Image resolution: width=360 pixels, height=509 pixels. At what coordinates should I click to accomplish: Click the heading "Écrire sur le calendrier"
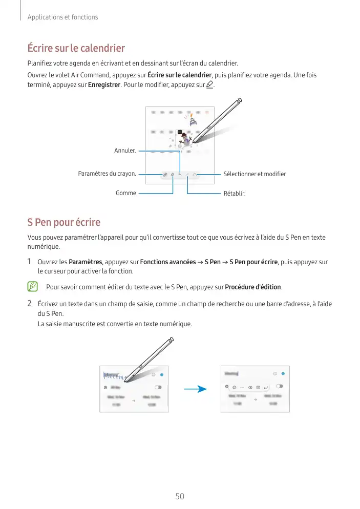click(76, 49)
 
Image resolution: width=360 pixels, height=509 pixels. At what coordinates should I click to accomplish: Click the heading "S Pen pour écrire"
click(63, 222)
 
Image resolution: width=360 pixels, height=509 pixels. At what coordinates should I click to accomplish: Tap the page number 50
click(180, 496)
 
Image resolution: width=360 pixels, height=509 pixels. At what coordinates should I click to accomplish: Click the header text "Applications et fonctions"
click(62, 17)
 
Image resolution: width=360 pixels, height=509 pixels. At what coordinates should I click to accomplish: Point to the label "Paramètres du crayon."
click(107, 174)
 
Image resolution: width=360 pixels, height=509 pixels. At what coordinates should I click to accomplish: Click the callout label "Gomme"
click(126, 193)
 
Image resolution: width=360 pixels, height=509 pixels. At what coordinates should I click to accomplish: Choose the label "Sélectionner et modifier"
click(255, 174)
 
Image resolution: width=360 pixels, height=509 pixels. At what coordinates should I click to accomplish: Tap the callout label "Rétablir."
click(235, 194)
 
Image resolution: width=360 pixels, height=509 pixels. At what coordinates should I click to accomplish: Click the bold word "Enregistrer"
click(104, 84)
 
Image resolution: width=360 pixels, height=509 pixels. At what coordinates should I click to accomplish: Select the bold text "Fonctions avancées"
click(167, 262)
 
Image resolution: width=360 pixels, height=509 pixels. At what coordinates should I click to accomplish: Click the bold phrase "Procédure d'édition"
click(253, 286)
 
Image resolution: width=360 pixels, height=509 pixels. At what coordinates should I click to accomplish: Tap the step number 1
click(30, 262)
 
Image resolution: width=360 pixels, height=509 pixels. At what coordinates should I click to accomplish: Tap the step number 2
click(30, 304)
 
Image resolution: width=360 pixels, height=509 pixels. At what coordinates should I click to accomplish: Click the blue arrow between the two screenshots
click(195, 389)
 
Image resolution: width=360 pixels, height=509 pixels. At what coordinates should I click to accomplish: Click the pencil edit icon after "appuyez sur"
click(208, 84)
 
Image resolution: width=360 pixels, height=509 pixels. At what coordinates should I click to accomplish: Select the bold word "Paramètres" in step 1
click(86, 262)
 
